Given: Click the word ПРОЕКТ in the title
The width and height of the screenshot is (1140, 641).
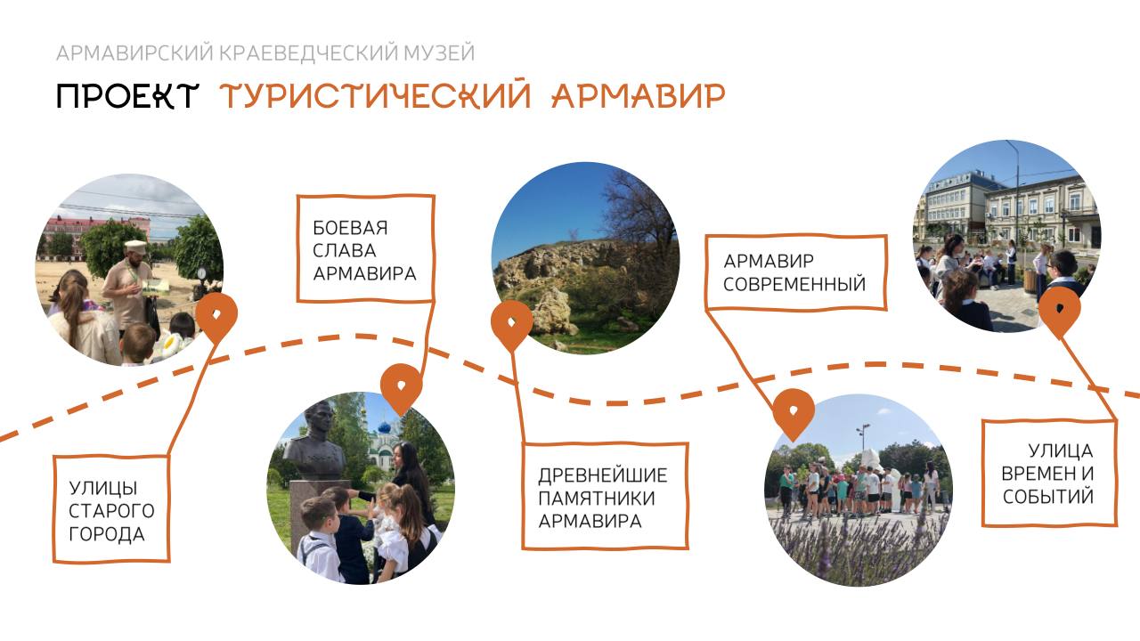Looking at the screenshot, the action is pyautogui.click(x=126, y=95).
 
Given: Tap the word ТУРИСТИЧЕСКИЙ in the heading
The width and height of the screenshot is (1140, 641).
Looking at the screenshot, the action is pyautogui.click(x=375, y=95).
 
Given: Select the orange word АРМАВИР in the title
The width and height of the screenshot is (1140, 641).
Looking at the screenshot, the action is pyautogui.click(x=639, y=95).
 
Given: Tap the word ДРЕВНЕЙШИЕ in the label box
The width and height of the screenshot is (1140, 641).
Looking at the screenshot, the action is pyautogui.click(x=603, y=475).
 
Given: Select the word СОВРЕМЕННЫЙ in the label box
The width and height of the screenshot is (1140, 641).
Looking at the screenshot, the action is pyautogui.click(x=794, y=284).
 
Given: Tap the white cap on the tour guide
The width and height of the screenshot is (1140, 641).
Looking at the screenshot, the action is pyautogui.click(x=135, y=247).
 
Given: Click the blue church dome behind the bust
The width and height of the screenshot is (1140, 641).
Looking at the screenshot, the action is pyautogui.click(x=384, y=426).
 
